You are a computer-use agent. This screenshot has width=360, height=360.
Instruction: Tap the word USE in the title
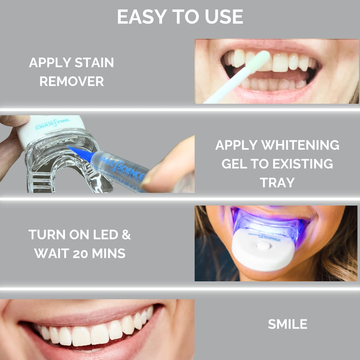click(x=224, y=17)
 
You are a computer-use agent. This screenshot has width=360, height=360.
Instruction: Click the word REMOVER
click(x=72, y=81)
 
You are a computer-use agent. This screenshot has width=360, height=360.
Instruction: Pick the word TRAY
click(x=277, y=183)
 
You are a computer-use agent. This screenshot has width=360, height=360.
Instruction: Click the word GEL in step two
click(x=234, y=164)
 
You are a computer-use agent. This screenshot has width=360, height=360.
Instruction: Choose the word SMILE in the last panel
click(x=288, y=324)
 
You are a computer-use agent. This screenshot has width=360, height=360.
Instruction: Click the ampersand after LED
click(x=126, y=235)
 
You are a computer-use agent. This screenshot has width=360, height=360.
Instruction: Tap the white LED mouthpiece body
click(x=262, y=257)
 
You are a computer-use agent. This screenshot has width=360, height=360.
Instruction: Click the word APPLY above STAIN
click(x=46, y=63)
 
